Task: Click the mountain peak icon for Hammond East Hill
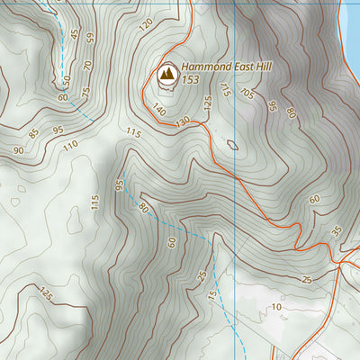(x=166, y=75)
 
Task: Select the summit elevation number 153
(x=190, y=80)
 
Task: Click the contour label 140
(x=159, y=109)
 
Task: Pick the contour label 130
(x=184, y=121)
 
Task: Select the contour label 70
(x=87, y=65)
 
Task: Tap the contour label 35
(x=336, y=230)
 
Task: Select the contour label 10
(x=276, y=307)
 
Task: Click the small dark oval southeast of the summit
(x=232, y=143)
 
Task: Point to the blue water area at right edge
(x=354, y=36)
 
